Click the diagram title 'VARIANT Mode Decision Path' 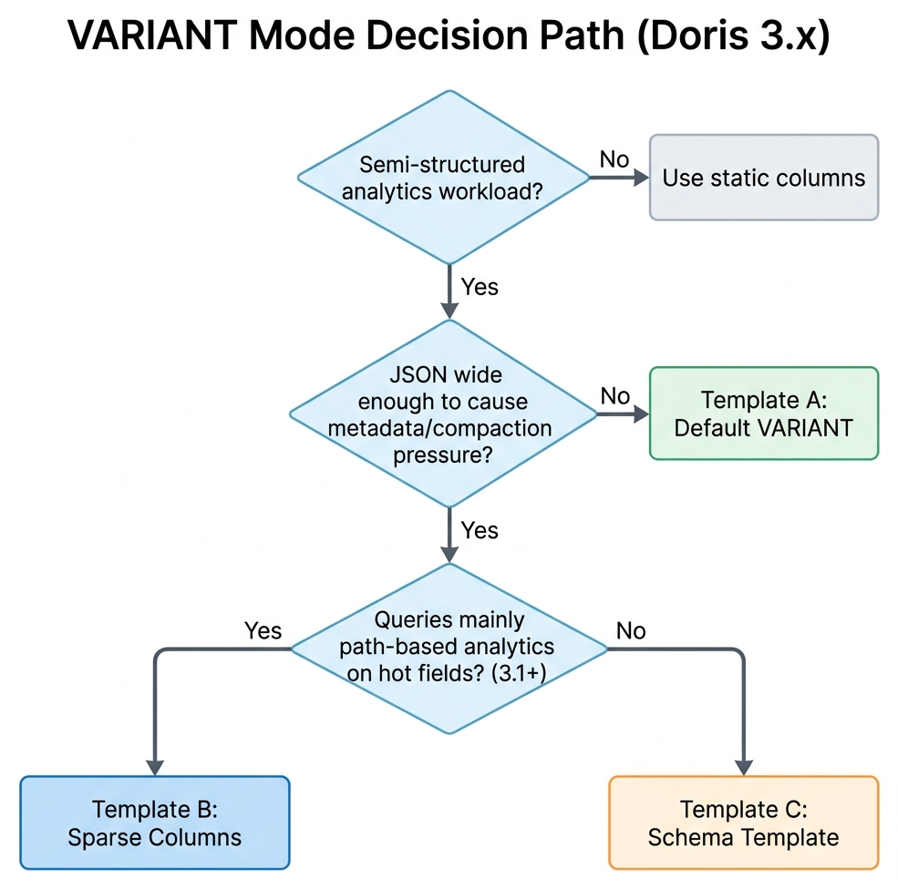346,39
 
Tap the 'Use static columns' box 763,178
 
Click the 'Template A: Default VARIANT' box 763,414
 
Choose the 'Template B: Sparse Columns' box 154,823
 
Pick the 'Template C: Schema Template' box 743,823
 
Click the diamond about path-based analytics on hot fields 448,648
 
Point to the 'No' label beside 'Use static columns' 614,159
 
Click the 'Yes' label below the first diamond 480,287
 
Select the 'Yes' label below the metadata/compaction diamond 480,530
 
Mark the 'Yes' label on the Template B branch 263,630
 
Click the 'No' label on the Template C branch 631,630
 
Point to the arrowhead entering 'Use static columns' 638,178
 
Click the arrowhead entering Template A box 638,414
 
